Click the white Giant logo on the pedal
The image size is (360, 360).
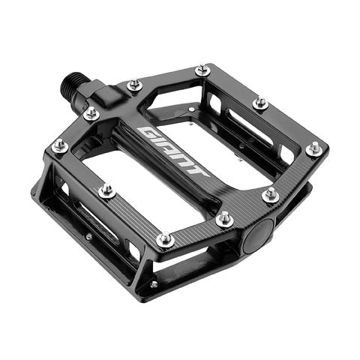173,151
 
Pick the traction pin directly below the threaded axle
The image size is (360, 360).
91,115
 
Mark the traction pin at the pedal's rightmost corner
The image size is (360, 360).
314,148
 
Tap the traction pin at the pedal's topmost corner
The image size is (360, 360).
202,71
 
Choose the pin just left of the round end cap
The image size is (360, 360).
224,219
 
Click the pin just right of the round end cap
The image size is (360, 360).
271,196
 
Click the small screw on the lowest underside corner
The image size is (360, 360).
154,284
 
